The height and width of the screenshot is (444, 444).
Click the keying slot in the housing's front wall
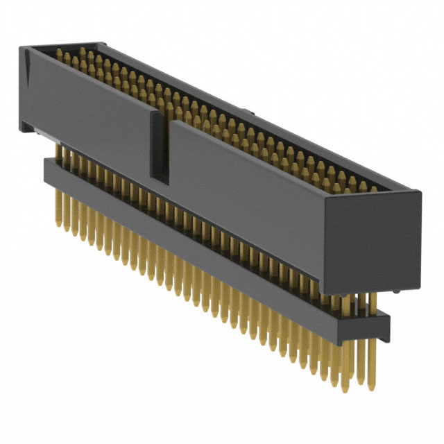[x=160, y=146]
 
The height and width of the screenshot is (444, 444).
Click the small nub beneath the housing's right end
[x=395, y=291]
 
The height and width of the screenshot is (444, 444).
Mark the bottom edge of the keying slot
[x=160, y=182]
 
